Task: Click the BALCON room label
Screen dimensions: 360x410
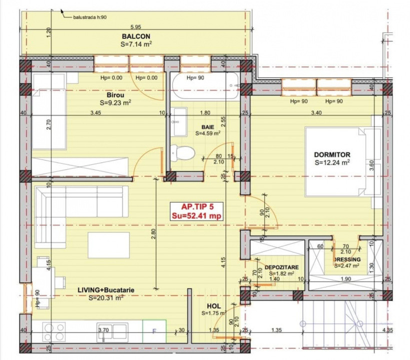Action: tap(136, 36)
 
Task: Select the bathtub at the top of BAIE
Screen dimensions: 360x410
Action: tap(205, 86)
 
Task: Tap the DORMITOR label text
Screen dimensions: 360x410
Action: tap(332, 154)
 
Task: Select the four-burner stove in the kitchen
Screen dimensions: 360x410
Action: tap(54, 331)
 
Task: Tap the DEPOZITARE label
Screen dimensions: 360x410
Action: tap(282, 267)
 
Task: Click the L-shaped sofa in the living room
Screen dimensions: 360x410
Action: tap(75, 210)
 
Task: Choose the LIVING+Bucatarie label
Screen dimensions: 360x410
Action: tap(105, 290)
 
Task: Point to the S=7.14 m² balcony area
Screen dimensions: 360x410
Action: tap(136, 44)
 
